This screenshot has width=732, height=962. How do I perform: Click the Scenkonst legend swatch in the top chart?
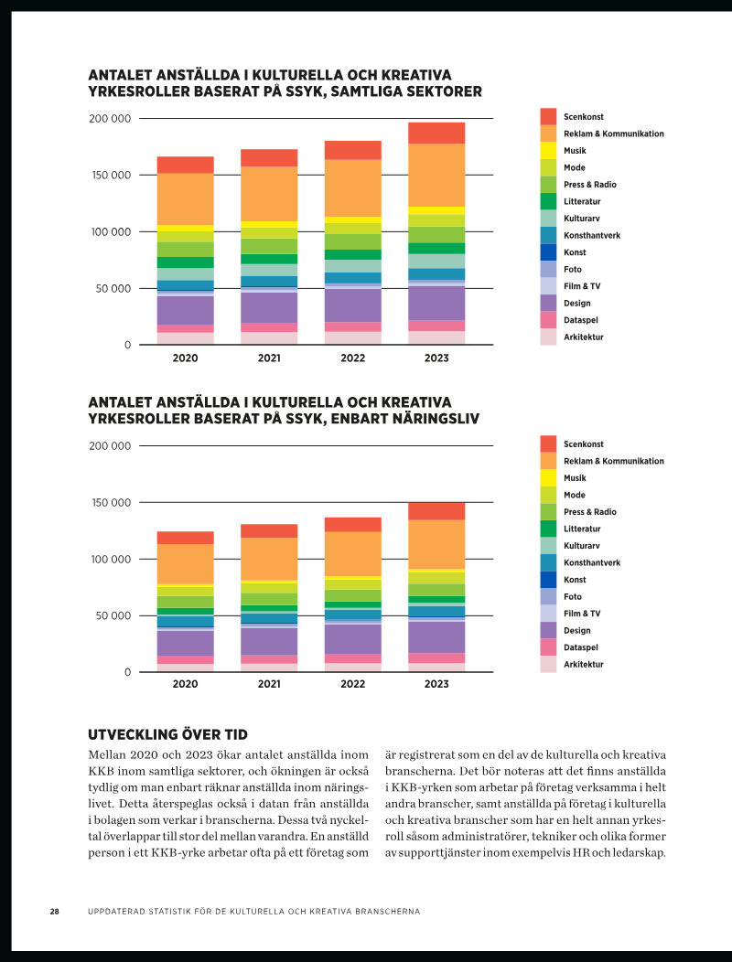tap(548, 116)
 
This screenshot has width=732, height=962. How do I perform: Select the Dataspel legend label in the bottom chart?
tap(581, 647)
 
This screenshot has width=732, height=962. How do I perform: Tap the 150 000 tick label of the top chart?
tap(110, 176)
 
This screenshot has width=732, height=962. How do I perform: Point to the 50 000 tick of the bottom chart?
tap(113, 616)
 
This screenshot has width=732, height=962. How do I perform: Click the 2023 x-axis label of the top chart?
tap(436, 358)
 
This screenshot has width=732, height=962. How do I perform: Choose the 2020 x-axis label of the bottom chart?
tap(185, 684)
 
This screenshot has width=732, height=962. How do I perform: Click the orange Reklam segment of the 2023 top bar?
tap(436, 176)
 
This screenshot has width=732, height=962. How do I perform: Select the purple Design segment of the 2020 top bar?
tap(186, 310)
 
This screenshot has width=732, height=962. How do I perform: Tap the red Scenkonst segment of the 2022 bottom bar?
tap(353, 525)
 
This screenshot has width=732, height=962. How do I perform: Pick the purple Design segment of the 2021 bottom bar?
tap(269, 642)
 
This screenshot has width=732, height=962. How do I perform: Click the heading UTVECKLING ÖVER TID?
tap(167, 735)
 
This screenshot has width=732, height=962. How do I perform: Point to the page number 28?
tap(55, 912)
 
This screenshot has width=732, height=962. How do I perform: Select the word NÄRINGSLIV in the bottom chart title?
tap(436, 419)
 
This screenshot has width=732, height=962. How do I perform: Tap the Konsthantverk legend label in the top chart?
tap(592, 236)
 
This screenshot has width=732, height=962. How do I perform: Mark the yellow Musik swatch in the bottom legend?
tap(548, 478)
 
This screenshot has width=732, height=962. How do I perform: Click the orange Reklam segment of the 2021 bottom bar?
tap(269, 559)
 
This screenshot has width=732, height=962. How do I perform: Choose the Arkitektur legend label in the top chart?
tap(584, 337)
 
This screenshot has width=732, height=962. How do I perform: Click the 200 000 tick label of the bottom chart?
tap(110, 446)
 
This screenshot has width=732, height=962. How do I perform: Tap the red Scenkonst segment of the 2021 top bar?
tap(269, 158)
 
